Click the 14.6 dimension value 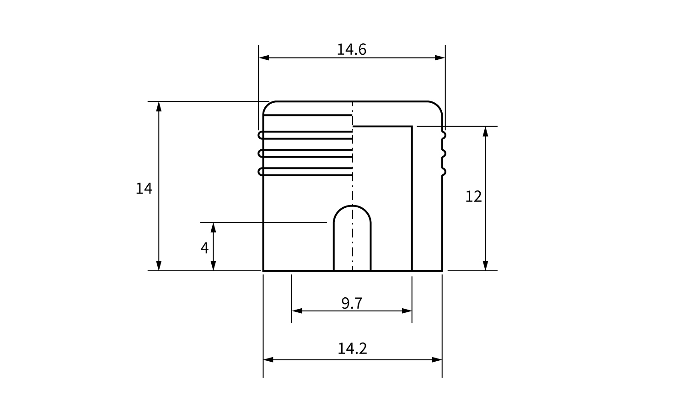(351, 49)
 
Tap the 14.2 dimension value (352, 348)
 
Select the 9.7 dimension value (352, 303)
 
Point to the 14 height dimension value (144, 188)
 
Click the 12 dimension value (473, 196)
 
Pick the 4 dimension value (204, 248)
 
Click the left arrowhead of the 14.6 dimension (264, 58)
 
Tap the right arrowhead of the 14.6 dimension (440, 58)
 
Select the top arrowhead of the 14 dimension (159, 106)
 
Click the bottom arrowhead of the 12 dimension (485, 265)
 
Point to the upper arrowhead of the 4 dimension (214, 227)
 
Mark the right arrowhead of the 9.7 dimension (407, 311)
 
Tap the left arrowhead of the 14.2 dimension (268, 360)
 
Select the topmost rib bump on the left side (261, 135)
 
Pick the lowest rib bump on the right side (444, 172)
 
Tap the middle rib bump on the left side (261, 153)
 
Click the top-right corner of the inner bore (412, 126)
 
